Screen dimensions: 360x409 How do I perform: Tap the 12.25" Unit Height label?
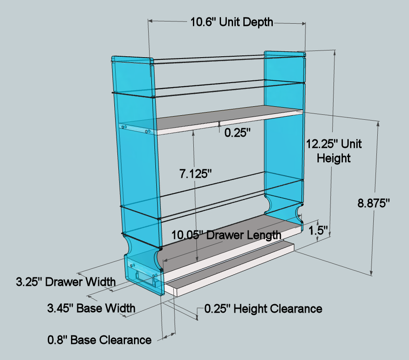[334, 151]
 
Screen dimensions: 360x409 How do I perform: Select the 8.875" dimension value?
[373, 202]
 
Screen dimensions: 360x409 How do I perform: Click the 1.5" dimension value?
[319, 230]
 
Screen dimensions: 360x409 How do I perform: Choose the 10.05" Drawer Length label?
[227, 234]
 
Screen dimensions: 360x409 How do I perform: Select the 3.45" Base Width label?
[92, 308]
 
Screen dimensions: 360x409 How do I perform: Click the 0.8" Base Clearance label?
[99, 340]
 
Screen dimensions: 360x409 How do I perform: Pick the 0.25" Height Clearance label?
[263, 308]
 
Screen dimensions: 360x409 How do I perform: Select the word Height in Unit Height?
[334, 158]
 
